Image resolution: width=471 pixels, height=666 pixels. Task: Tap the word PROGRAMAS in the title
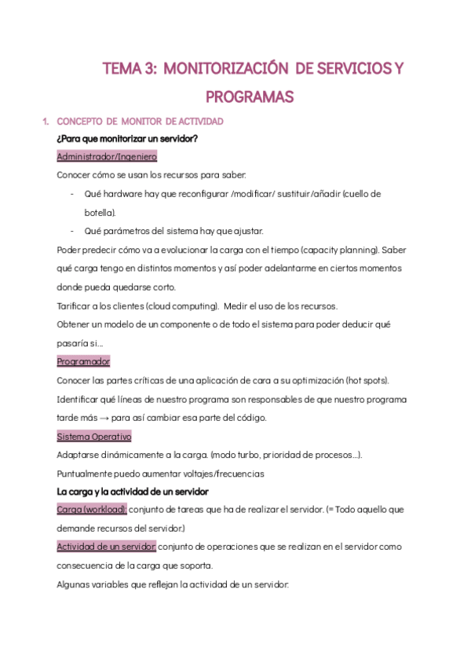click(249, 97)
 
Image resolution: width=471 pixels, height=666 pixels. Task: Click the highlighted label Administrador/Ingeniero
click(107, 156)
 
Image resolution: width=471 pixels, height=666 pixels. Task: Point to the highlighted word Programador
click(83, 361)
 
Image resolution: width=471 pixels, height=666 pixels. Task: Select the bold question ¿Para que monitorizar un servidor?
click(127, 139)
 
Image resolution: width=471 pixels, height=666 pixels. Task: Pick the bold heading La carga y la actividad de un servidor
click(133, 492)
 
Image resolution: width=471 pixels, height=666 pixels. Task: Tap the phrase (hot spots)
click(367, 380)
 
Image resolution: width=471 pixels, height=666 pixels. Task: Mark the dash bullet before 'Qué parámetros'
click(72, 231)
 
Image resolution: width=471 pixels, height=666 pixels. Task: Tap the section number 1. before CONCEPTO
click(46, 121)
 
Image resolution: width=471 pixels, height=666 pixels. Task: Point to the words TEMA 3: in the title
click(130, 69)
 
